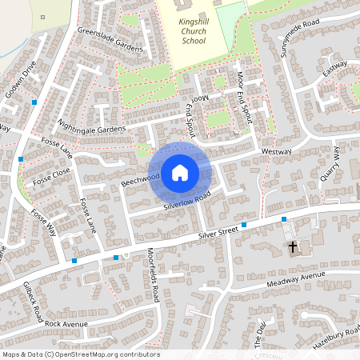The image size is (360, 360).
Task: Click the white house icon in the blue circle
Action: [180, 172]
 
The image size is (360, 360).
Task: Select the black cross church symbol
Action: [292, 247]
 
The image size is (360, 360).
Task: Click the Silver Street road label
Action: [219, 233]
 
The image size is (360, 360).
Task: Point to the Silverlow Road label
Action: [186, 201]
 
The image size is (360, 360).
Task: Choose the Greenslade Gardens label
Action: [110, 40]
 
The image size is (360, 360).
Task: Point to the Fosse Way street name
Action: [44, 225]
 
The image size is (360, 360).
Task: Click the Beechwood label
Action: [140, 177]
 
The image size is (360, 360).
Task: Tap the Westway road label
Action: [276, 150]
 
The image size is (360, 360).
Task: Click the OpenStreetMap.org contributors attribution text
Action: [108, 354]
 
